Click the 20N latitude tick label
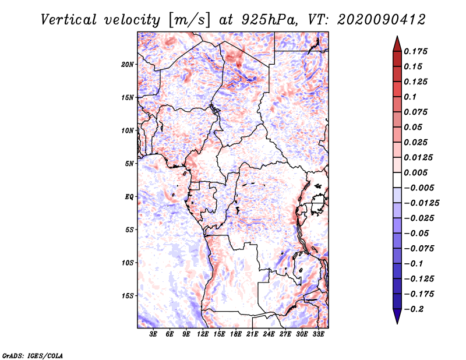(128, 65)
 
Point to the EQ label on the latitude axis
(129, 197)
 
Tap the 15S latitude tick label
(128, 296)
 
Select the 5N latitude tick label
(129, 164)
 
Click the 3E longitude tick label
(153, 334)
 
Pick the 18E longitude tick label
(236, 334)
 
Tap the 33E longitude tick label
(318, 334)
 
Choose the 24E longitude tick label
(269, 334)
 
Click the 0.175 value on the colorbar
(415, 51)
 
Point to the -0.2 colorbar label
(414, 309)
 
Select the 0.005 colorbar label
(415, 172)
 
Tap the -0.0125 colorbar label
(421, 203)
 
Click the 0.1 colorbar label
(410, 97)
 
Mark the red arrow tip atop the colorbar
(397, 37)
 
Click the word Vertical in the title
(69, 20)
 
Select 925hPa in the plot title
(270, 20)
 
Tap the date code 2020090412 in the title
(382, 20)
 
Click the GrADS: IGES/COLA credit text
(33, 356)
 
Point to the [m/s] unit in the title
(189, 20)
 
